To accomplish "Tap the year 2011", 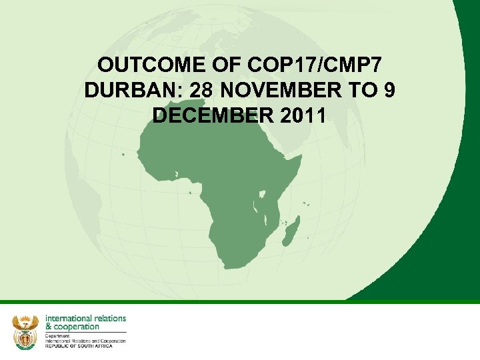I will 299,115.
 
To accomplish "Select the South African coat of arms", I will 25,331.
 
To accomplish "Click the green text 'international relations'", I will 85,318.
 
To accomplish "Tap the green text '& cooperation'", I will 72,327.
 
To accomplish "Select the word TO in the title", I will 363,91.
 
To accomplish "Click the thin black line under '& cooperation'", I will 85,332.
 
